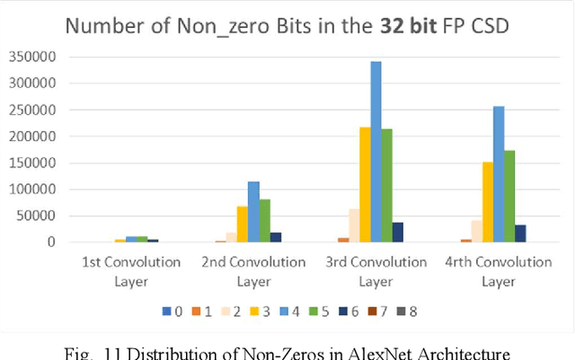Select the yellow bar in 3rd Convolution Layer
tap(365, 185)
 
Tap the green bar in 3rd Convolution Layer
tap(387, 186)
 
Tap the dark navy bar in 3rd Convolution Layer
tap(398, 233)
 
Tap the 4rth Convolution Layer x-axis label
tap(499, 271)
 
